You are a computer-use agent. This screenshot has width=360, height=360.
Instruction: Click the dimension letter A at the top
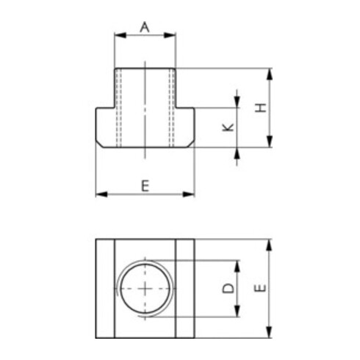coord(145,27)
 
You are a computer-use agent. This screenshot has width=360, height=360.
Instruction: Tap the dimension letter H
coord(261,108)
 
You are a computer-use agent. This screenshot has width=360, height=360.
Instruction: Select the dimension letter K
coord(228,127)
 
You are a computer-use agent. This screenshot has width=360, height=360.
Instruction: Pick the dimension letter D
coord(228,288)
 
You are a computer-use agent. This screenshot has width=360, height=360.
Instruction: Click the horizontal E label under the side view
coord(145,185)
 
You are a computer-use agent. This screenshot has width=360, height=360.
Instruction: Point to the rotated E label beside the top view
coord(260,288)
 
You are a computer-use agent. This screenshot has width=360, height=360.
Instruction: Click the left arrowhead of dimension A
coord(120,35)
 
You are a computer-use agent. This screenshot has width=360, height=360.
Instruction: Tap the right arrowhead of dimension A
coord(170,35)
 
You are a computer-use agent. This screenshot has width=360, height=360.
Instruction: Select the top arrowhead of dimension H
coord(270,74)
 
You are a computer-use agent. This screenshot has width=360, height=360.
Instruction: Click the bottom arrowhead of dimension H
coord(270,142)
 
